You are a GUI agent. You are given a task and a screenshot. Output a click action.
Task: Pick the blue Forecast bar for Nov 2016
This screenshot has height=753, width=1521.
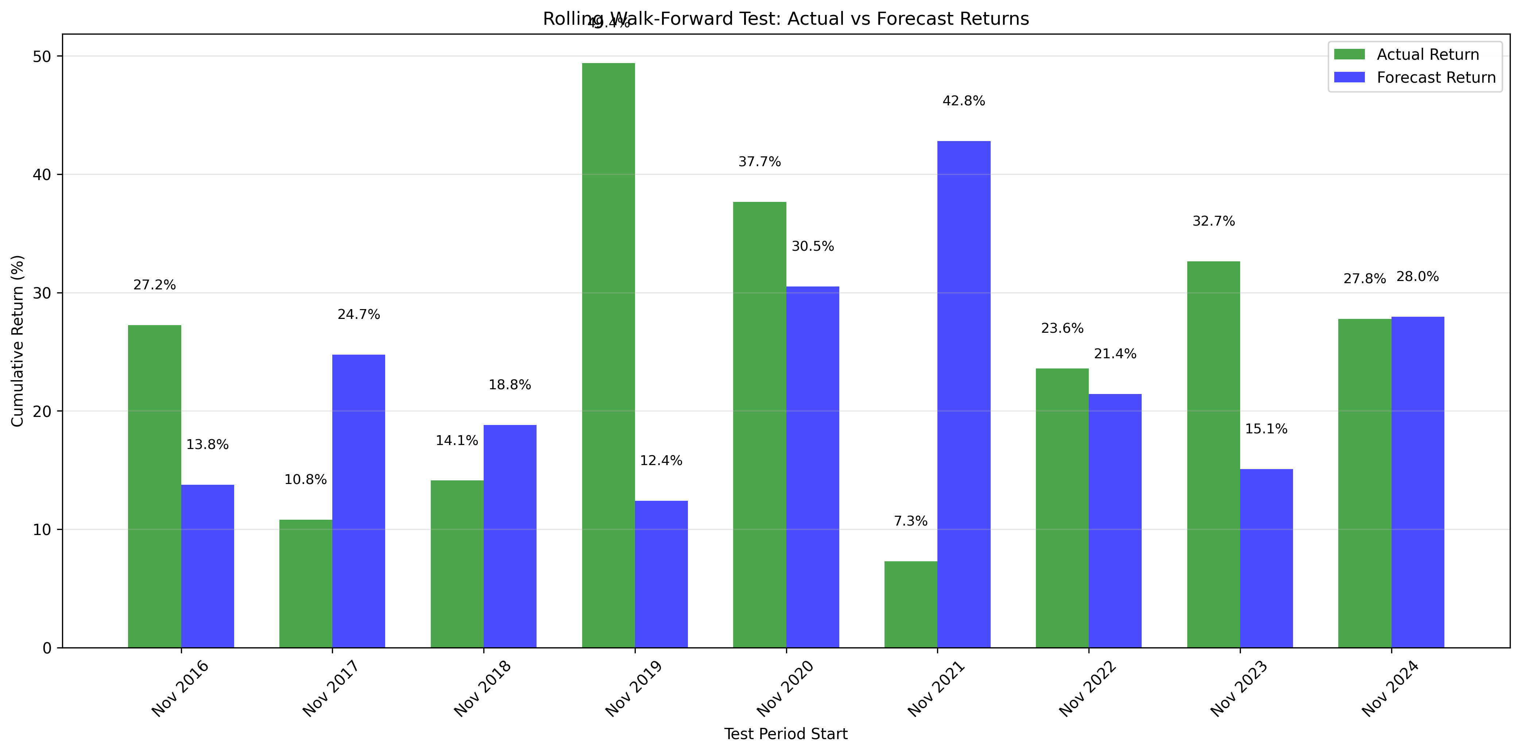(x=207, y=566)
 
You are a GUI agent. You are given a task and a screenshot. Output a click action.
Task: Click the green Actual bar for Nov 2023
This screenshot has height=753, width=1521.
(x=1214, y=454)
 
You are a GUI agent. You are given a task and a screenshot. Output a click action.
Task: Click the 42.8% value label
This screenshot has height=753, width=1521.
(x=964, y=101)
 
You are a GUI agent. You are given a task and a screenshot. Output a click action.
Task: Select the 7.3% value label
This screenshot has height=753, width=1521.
(x=910, y=521)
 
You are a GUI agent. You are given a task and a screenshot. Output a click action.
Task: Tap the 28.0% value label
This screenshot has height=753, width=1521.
(x=1417, y=277)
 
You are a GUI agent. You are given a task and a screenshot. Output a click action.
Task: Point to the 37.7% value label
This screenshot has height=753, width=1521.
(x=759, y=162)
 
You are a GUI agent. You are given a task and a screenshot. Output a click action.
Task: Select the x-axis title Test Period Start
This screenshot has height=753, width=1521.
(x=785, y=734)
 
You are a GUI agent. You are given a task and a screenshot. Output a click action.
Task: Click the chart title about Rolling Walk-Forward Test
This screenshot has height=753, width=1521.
(x=785, y=19)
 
